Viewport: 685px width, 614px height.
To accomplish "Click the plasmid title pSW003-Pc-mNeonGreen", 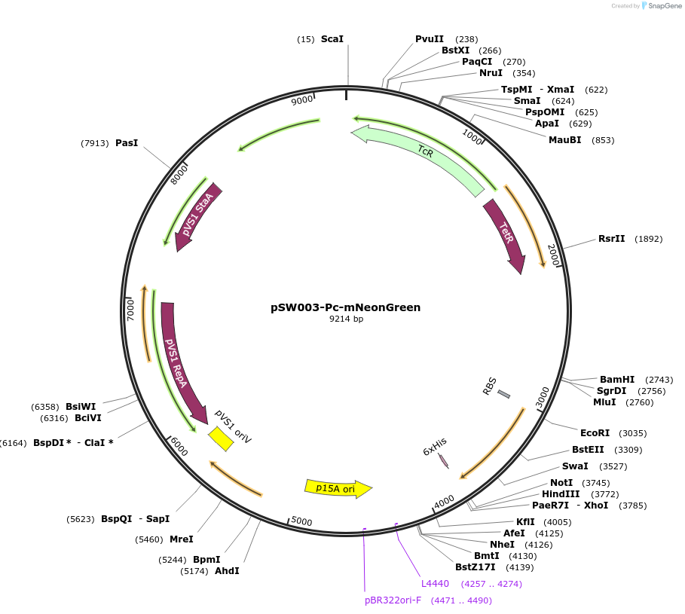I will click(345, 307).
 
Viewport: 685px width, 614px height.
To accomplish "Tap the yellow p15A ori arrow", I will click(338, 488).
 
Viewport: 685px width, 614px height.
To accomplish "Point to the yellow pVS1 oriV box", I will click(221, 439).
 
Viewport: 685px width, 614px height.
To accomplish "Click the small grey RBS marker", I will click(504, 394).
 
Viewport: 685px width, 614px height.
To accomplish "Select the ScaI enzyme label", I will click(332, 39).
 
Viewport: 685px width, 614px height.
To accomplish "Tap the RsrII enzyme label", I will click(612, 239).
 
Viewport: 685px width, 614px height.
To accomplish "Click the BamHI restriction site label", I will click(617, 379).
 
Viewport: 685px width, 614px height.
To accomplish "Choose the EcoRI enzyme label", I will click(595, 433).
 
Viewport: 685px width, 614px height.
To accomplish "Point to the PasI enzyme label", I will click(127, 143).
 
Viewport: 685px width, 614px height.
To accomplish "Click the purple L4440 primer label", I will click(435, 583).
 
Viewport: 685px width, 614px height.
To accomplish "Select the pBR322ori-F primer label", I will click(393, 600).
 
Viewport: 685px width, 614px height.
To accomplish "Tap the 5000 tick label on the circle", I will click(301, 521).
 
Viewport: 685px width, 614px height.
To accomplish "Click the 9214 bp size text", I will click(346, 319).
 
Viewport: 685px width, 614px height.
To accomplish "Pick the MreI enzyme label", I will click(182, 539).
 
